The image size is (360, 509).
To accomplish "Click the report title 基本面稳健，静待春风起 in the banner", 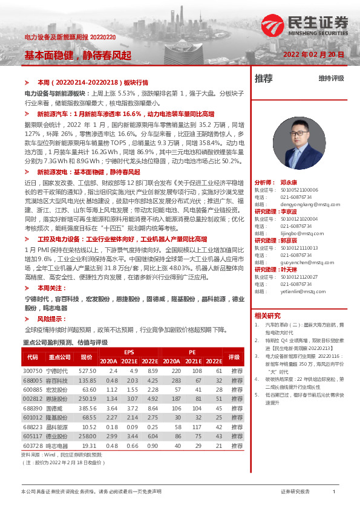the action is pyautogui.click(x=77, y=54).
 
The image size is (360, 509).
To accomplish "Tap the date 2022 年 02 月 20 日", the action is pyautogui.click(x=315, y=54).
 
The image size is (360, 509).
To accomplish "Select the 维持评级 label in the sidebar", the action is pyautogui.click(x=331, y=79).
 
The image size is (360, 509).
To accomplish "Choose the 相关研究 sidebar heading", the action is pyautogui.click(x=267, y=316).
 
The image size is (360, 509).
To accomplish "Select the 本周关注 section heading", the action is pyautogui.click(x=49, y=289).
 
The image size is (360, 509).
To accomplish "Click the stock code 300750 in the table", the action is pyautogui.click(x=33, y=371).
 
